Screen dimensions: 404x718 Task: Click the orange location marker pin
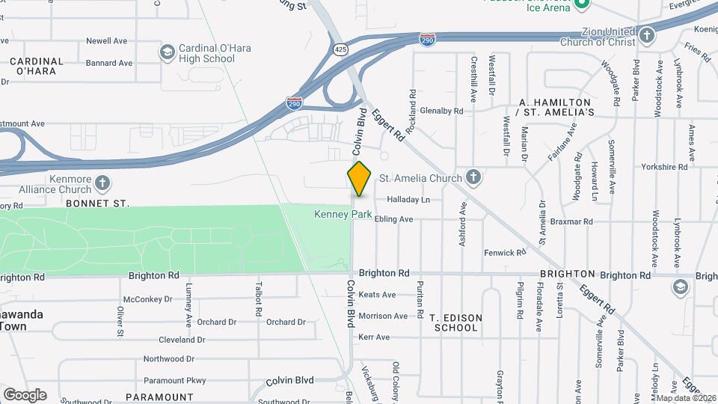(x=360, y=179)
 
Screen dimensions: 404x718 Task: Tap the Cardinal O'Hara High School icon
(x=167, y=52)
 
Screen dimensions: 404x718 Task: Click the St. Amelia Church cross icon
(x=473, y=178)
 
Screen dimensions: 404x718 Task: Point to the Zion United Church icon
(x=647, y=34)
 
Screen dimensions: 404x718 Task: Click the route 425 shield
(x=341, y=49)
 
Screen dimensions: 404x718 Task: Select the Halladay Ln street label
(x=408, y=200)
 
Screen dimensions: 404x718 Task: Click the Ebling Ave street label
(x=394, y=219)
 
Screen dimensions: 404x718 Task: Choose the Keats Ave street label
(x=377, y=295)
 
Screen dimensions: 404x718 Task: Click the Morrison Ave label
(x=383, y=316)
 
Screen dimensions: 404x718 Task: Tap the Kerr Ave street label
(x=375, y=337)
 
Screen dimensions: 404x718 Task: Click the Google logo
(x=25, y=394)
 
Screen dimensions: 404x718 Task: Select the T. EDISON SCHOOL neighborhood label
(x=455, y=322)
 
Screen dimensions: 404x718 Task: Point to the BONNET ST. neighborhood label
(x=97, y=203)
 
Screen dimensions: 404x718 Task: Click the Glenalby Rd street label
(x=442, y=111)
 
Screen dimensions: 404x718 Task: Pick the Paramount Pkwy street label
(x=174, y=380)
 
